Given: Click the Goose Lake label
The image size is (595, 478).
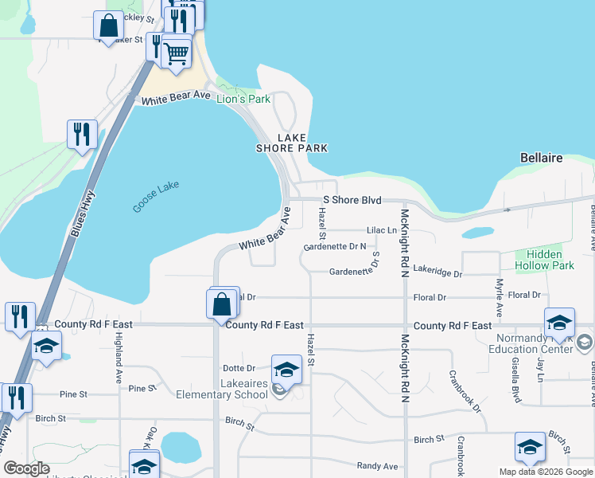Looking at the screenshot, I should [156, 197].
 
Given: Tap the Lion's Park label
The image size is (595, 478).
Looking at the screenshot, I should [243, 100].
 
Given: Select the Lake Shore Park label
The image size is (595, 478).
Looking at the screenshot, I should [291, 143].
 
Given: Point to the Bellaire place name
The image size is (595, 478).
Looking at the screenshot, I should [542, 158].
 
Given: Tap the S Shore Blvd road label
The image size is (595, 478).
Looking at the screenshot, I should [352, 200].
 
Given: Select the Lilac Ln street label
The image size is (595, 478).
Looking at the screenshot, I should [381, 230].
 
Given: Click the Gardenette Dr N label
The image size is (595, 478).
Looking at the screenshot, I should [334, 247].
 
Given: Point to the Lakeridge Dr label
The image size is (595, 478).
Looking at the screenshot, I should [437, 273].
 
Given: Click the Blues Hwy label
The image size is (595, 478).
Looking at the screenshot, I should [82, 214].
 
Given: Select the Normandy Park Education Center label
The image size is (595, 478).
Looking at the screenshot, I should [530, 343].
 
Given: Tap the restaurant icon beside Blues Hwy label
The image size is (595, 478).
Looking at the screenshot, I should [82, 134].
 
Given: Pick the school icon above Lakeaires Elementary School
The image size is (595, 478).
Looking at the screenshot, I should [286, 370].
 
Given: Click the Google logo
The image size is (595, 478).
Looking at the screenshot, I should [27, 468].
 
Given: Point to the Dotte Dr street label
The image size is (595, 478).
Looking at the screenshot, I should [239, 368].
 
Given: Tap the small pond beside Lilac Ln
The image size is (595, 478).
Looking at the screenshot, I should [476, 233].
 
